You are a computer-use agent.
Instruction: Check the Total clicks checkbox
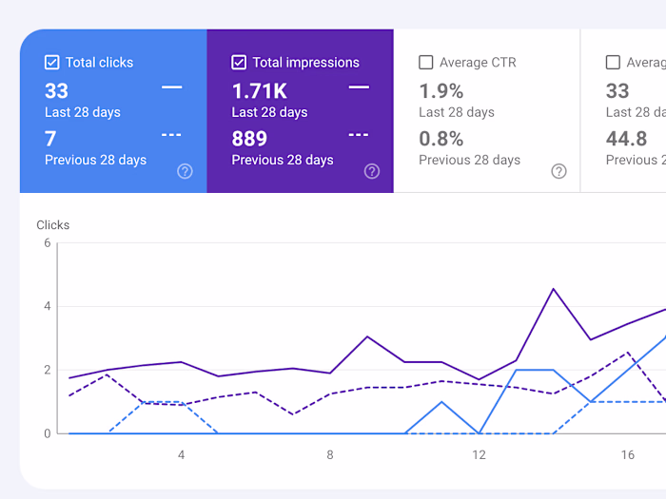click(52, 63)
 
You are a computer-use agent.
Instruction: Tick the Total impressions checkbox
click(239, 63)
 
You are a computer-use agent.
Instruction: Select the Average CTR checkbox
click(426, 63)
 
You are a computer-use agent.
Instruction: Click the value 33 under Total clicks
click(56, 91)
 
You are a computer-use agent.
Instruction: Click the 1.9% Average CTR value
click(441, 91)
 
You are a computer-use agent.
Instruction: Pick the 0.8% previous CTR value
click(441, 139)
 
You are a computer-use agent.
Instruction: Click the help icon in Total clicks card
click(186, 171)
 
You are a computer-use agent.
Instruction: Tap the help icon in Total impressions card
click(372, 171)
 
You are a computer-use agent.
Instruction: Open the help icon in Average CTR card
click(559, 171)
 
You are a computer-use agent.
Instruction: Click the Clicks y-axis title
click(53, 225)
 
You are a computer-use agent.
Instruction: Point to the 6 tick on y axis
click(47, 243)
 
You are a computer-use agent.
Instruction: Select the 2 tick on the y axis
click(47, 370)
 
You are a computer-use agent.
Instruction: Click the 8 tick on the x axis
click(330, 454)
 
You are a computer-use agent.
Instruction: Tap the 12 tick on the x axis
click(479, 454)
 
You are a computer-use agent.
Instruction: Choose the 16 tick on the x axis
click(628, 454)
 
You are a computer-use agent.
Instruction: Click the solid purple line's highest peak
click(554, 289)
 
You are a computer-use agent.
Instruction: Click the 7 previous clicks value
click(50, 139)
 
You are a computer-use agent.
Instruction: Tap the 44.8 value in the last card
click(627, 139)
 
